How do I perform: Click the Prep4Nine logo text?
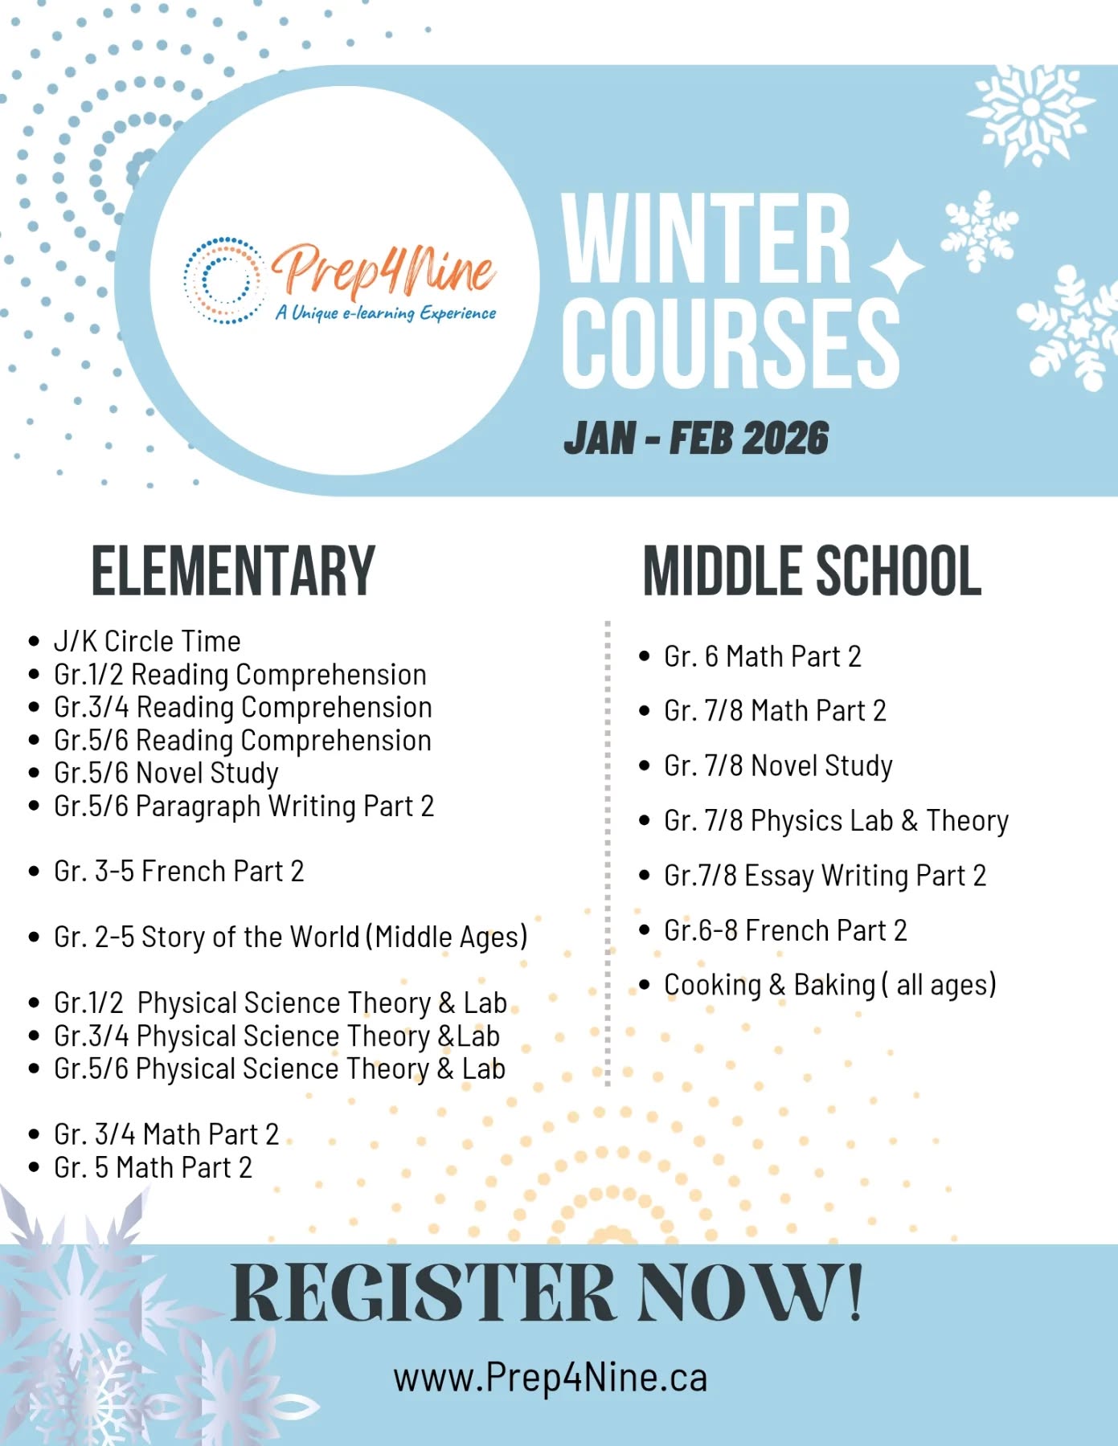pos(384,270)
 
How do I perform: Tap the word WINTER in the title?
pos(706,239)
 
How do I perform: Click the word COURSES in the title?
pos(730,344)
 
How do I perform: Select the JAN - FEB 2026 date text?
pos(696,439)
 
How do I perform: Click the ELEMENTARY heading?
pos(233,571)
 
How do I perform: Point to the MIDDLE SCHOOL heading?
pos(812,571)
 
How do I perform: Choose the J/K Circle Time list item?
pos(147,641)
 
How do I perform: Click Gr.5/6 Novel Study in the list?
pos(166,773)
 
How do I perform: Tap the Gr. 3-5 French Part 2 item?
pos(178,872)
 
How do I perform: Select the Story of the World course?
pos(290,937)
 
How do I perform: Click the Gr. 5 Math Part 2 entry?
pos(153,1167)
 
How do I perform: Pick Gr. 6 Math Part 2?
pos(762,656)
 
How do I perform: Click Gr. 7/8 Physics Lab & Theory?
pos(836,820)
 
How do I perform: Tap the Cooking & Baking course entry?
pos(829,985)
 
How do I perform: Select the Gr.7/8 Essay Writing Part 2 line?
pos(825,875)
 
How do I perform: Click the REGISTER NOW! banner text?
pos(547,1294)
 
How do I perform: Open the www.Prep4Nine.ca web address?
pos(551,1377)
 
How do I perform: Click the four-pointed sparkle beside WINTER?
pos(897,266)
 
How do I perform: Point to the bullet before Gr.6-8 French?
pos(644,930)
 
